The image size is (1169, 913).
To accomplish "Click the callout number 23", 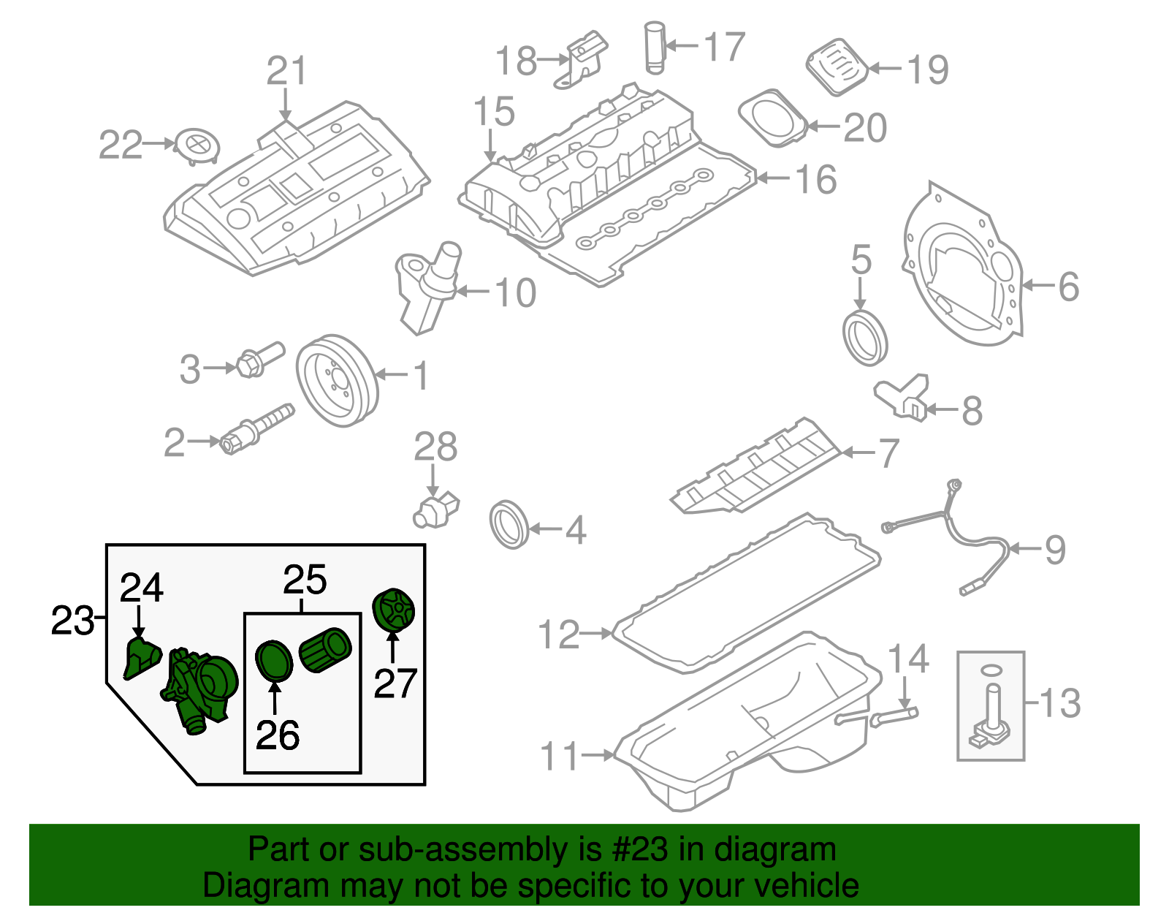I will [72, 621].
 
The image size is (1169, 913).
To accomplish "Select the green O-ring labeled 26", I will [274, 660].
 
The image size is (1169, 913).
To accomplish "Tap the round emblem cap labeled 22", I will [197, 145].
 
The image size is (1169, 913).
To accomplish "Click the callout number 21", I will [286, 71].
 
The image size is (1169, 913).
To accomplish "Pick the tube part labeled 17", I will [655, 48].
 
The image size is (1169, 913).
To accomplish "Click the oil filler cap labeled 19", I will [837, 67].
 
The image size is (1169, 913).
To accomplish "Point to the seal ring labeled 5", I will [865, 338].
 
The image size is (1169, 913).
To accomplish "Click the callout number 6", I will [1068, 286].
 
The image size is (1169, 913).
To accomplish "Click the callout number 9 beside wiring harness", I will [1054, 549].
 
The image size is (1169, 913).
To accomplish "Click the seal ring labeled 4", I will [509, 524].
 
